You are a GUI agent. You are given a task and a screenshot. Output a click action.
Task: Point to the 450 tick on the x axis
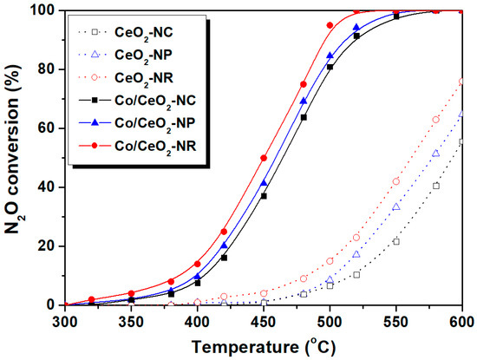tap(264, 305)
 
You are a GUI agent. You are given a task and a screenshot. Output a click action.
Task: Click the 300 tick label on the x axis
tap(64, 320)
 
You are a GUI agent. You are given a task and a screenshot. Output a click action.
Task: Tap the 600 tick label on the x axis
tap(462, 320)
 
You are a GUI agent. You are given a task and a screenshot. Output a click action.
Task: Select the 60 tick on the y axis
tap(64, 128)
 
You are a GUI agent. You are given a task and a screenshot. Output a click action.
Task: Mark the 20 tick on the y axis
tap(64, 246)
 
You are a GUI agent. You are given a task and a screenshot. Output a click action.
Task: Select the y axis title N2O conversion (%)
tap(15, 158)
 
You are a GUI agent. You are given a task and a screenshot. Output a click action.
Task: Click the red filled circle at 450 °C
tap(264, 158)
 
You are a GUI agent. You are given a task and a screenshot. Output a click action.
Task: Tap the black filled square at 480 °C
tap(304, 117)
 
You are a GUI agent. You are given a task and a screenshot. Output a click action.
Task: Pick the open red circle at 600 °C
tap(462, 82)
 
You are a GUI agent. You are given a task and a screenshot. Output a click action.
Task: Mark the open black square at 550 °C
tap(396, 241)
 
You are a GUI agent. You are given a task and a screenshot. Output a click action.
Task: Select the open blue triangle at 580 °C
tap(436, 153)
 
